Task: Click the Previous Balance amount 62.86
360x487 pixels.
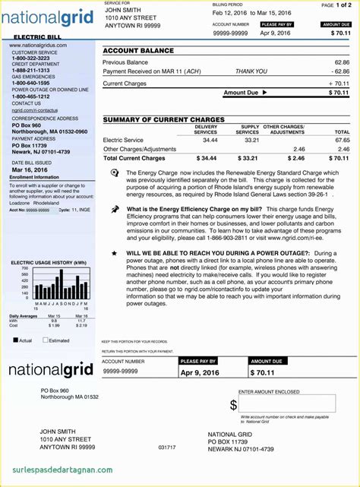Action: click(x=342, y=62)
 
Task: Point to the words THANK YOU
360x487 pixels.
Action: click(x=251, y=71)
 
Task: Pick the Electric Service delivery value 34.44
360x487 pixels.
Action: click(x=209, y=141)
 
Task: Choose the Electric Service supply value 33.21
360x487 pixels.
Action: click(x=251, y=141)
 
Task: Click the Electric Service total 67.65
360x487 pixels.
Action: click(x=342, y=141)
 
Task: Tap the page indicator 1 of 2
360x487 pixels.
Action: click(x=343, y=5)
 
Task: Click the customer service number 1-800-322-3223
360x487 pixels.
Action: click(x=30, y=58)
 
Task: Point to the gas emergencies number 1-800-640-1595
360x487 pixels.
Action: click(x=30, y=82)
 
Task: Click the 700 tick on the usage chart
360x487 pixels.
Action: click(x=24, y=269)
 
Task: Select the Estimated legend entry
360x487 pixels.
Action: click(x=58, y=340)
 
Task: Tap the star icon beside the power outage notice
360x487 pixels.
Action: click(x=114, y=253)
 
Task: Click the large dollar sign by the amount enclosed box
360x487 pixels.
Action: click(x=233, y=405)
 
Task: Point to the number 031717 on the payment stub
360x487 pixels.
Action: click(x=167, y=447)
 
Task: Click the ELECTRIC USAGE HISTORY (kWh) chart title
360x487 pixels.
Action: click(x=49, y=262)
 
